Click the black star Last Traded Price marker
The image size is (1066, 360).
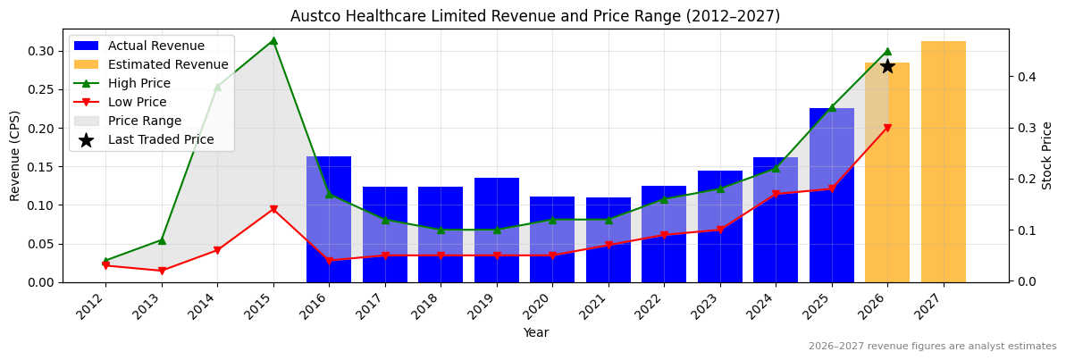887,66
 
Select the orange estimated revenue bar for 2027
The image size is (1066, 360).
943,162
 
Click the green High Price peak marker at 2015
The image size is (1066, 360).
273,40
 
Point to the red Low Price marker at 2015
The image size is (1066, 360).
273,210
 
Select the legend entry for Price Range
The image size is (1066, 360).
144,121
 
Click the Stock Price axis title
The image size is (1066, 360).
1047,155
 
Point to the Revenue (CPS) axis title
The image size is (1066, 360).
15,155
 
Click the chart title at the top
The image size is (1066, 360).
535,16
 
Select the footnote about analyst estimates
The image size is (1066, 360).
932,347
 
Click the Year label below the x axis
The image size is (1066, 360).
535,332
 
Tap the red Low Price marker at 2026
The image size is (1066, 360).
887,128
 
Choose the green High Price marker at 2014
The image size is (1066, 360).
217,87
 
